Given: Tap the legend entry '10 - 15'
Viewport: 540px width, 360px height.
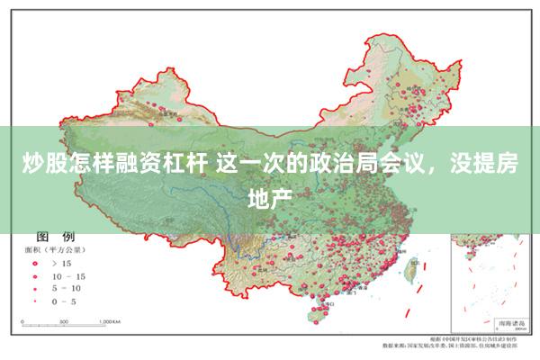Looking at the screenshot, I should (x=68, y=275).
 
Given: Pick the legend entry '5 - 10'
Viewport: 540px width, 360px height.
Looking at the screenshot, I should (x=68, y=288).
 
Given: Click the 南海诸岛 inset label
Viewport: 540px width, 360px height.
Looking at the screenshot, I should (x=503, y=320).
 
